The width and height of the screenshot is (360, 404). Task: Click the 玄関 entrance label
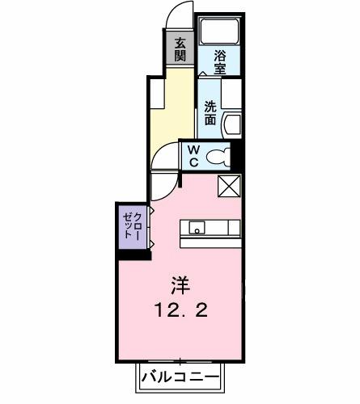click(x=179, y=49)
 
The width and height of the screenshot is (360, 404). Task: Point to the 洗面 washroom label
click(x=210, y=112)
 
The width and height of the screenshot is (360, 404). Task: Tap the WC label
click(x=195, y=155)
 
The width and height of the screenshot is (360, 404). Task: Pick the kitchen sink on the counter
click(x=196, y=228)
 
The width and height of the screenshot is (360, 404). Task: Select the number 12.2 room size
click(x=179, y=309)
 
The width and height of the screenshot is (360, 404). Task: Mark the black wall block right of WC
click(x=238, y=154)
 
